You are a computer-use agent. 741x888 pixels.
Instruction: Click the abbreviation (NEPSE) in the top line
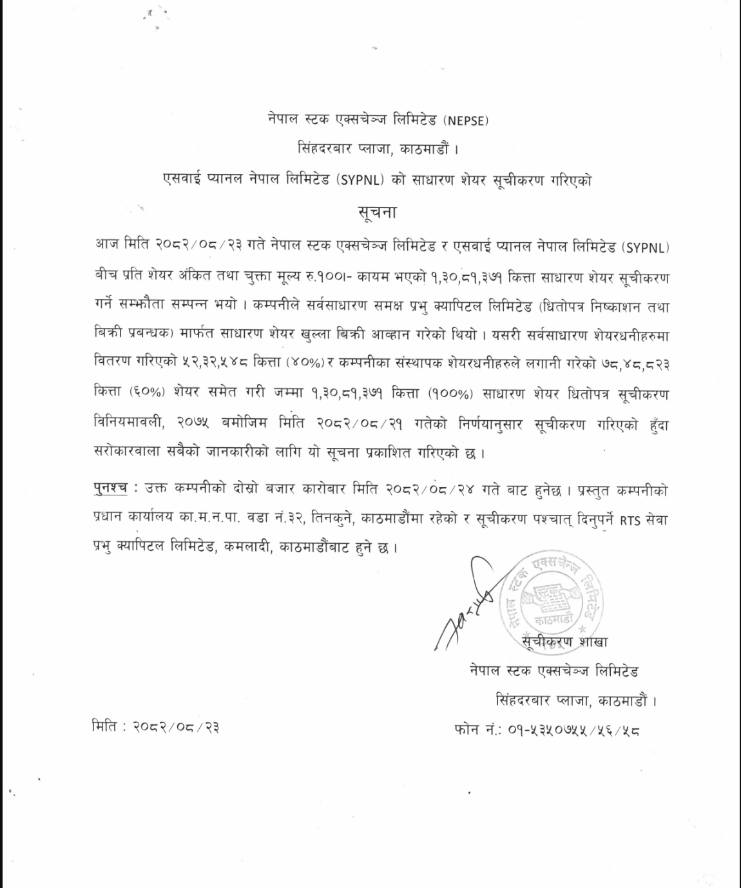pos(463,120)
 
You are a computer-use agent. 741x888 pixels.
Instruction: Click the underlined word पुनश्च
pos(109,490)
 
